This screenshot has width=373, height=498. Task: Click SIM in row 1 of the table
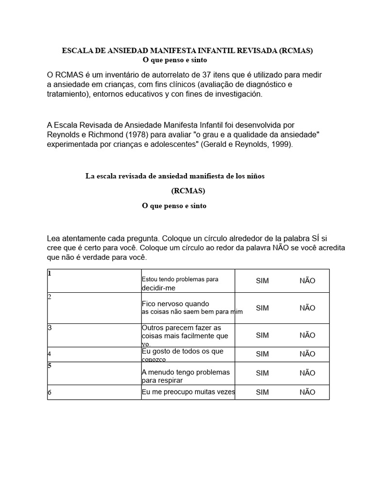(x=262, y=281)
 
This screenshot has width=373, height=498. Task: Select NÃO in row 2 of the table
(x=307, y=308)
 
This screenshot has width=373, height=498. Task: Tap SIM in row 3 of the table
(x=262, y=335)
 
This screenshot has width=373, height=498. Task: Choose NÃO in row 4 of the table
(x=307, y=354)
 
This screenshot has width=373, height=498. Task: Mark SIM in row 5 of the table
(x=262, y=373)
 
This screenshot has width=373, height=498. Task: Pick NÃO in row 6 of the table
(x=307, y=392)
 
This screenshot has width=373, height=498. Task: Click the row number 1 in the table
(x=50, y=273)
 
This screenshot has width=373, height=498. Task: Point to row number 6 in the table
(x=50, y=392)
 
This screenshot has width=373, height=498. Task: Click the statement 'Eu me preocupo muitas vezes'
(x=187, y=391)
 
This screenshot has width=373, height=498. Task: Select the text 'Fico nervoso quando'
(x=175, y=303)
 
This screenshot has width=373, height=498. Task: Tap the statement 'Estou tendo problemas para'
(x=180, y=279)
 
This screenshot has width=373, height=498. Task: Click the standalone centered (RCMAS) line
(x=188, y=191)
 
